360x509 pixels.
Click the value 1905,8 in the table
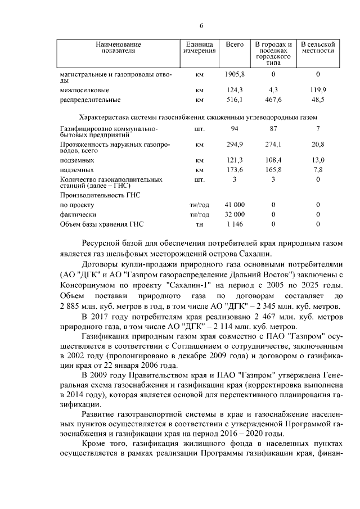point(235,74)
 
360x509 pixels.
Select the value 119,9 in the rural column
point(318,89)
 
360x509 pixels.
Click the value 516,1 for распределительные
point(234,100)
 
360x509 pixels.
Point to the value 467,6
point(273,100)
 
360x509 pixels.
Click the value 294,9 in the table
point(234,145)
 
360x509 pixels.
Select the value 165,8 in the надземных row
point(273,169)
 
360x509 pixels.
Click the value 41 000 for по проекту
point(235,205)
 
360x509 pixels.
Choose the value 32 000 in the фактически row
point(235,214)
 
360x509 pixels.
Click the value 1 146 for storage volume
point(235,224)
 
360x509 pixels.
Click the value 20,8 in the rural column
point(318,145)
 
